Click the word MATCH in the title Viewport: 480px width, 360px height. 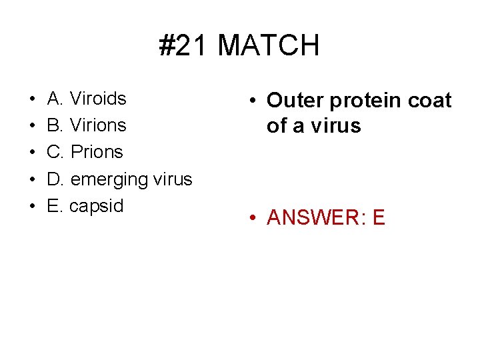point(269,45)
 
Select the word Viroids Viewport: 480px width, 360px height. point(98,99)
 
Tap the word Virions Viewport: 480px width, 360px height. point(98,125)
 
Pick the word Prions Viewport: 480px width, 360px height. point(97,152)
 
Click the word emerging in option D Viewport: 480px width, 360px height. point(109,180)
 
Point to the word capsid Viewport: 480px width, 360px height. point(97,206)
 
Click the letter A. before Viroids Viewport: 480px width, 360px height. point(55,99)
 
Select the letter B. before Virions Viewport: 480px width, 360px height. point(55,125)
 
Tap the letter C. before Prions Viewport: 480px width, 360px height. point(56,152)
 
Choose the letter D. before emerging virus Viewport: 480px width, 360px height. point(56,179)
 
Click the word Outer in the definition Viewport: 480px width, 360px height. point(294,101)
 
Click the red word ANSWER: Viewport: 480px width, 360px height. point(312,218)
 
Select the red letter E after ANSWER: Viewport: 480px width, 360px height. point(379,218)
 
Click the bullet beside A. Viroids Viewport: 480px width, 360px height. point(33,99)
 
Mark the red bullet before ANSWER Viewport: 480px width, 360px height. point(253,218)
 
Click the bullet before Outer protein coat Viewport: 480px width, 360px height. point(253,101)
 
